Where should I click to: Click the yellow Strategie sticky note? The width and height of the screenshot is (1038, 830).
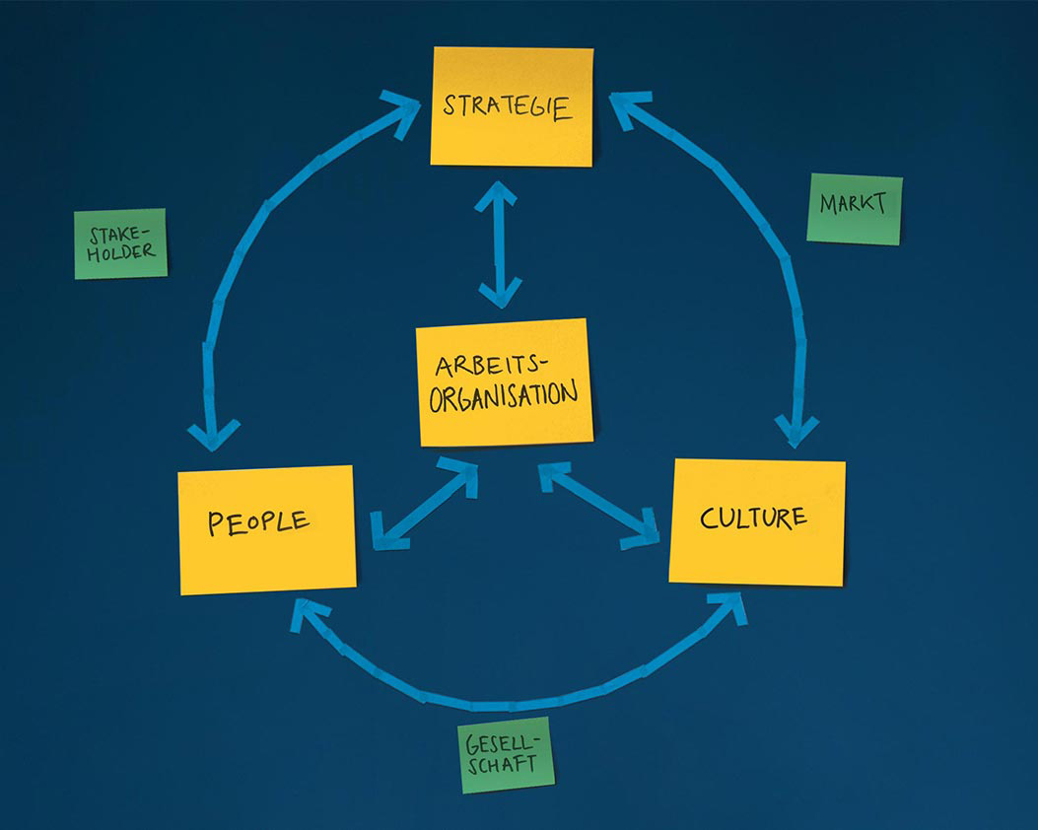[x=512, y=106]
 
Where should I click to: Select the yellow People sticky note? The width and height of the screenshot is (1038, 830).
[x=266, y=529]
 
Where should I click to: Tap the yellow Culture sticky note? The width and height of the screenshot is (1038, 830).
[x=757, y=521]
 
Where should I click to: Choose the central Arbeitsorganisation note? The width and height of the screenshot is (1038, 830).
[x=504, y=381]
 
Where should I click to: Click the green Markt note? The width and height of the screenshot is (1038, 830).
[x=854, y=208]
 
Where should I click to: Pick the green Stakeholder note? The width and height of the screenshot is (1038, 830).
[x=121, y=243]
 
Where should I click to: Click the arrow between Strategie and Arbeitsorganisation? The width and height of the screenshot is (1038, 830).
[x=499, y=244]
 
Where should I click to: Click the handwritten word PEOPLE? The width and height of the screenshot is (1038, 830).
[x=258, y=521]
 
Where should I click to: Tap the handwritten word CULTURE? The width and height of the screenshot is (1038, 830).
[x=753, y=518]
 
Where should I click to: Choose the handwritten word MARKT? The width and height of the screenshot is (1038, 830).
[x=853, y=204]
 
